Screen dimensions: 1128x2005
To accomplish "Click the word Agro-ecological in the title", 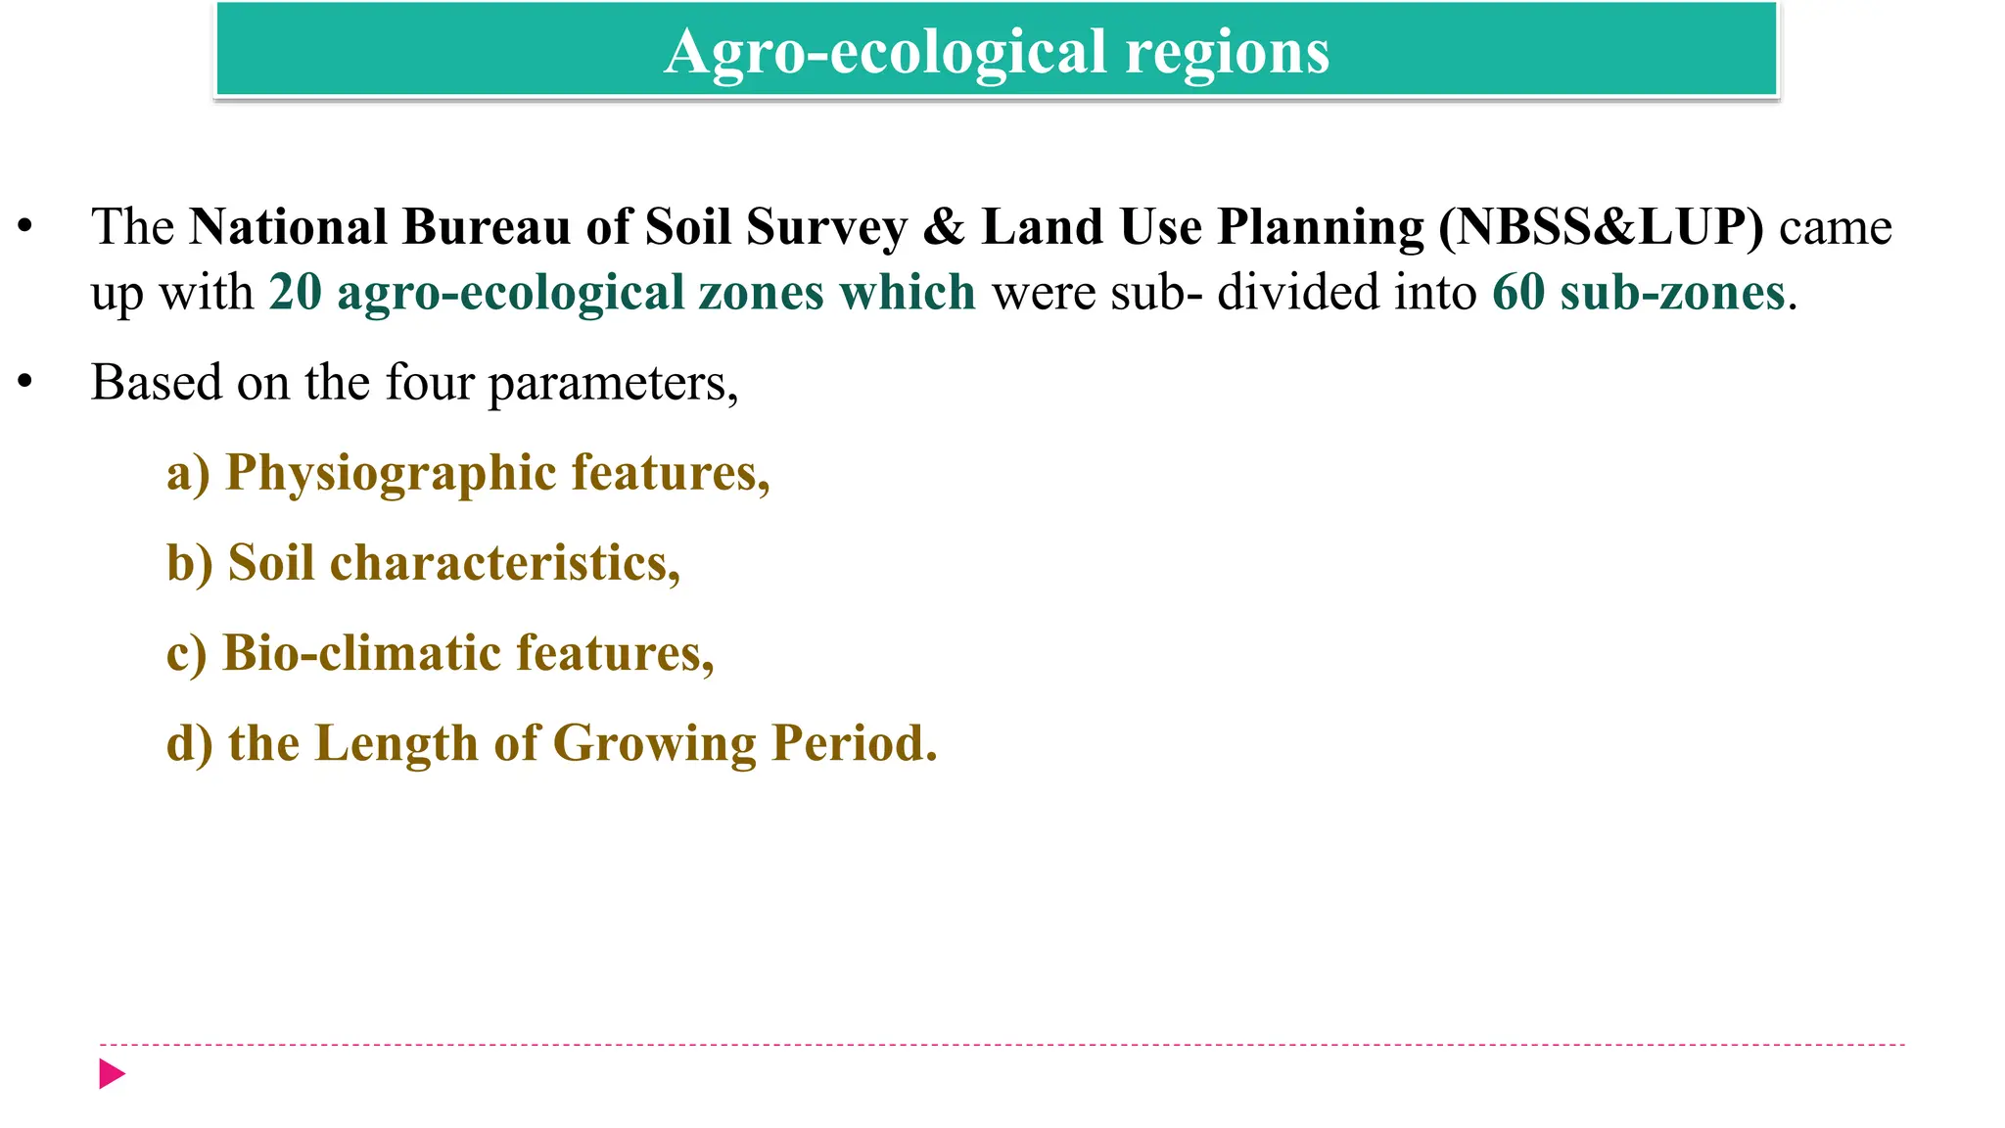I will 885,51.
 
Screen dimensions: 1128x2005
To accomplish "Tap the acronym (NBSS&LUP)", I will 1601,227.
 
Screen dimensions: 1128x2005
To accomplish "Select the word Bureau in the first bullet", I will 487,227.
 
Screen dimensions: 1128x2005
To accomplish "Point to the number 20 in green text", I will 295,293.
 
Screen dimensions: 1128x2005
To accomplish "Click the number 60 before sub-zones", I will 1517,293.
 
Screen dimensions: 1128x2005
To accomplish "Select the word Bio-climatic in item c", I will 361,653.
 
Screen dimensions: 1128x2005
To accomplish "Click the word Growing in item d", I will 654,743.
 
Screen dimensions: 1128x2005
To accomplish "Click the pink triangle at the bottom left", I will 112,1074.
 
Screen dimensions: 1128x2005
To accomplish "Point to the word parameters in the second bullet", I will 613,383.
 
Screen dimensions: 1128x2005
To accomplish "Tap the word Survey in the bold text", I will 826,227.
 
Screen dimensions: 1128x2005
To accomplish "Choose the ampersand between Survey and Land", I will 944,227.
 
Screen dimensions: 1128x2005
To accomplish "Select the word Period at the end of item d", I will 854,743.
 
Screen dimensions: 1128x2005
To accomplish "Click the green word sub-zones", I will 1672,293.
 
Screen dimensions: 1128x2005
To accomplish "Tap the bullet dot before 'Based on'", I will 25,382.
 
